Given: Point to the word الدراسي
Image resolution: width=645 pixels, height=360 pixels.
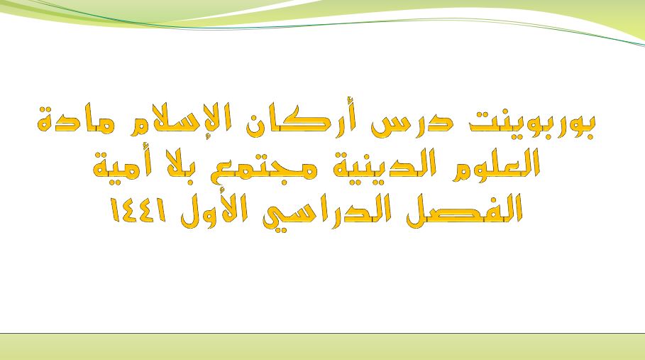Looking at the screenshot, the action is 329,212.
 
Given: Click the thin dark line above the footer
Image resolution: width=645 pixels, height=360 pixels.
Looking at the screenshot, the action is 322,333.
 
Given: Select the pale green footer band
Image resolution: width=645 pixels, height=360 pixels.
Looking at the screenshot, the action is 322,347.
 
